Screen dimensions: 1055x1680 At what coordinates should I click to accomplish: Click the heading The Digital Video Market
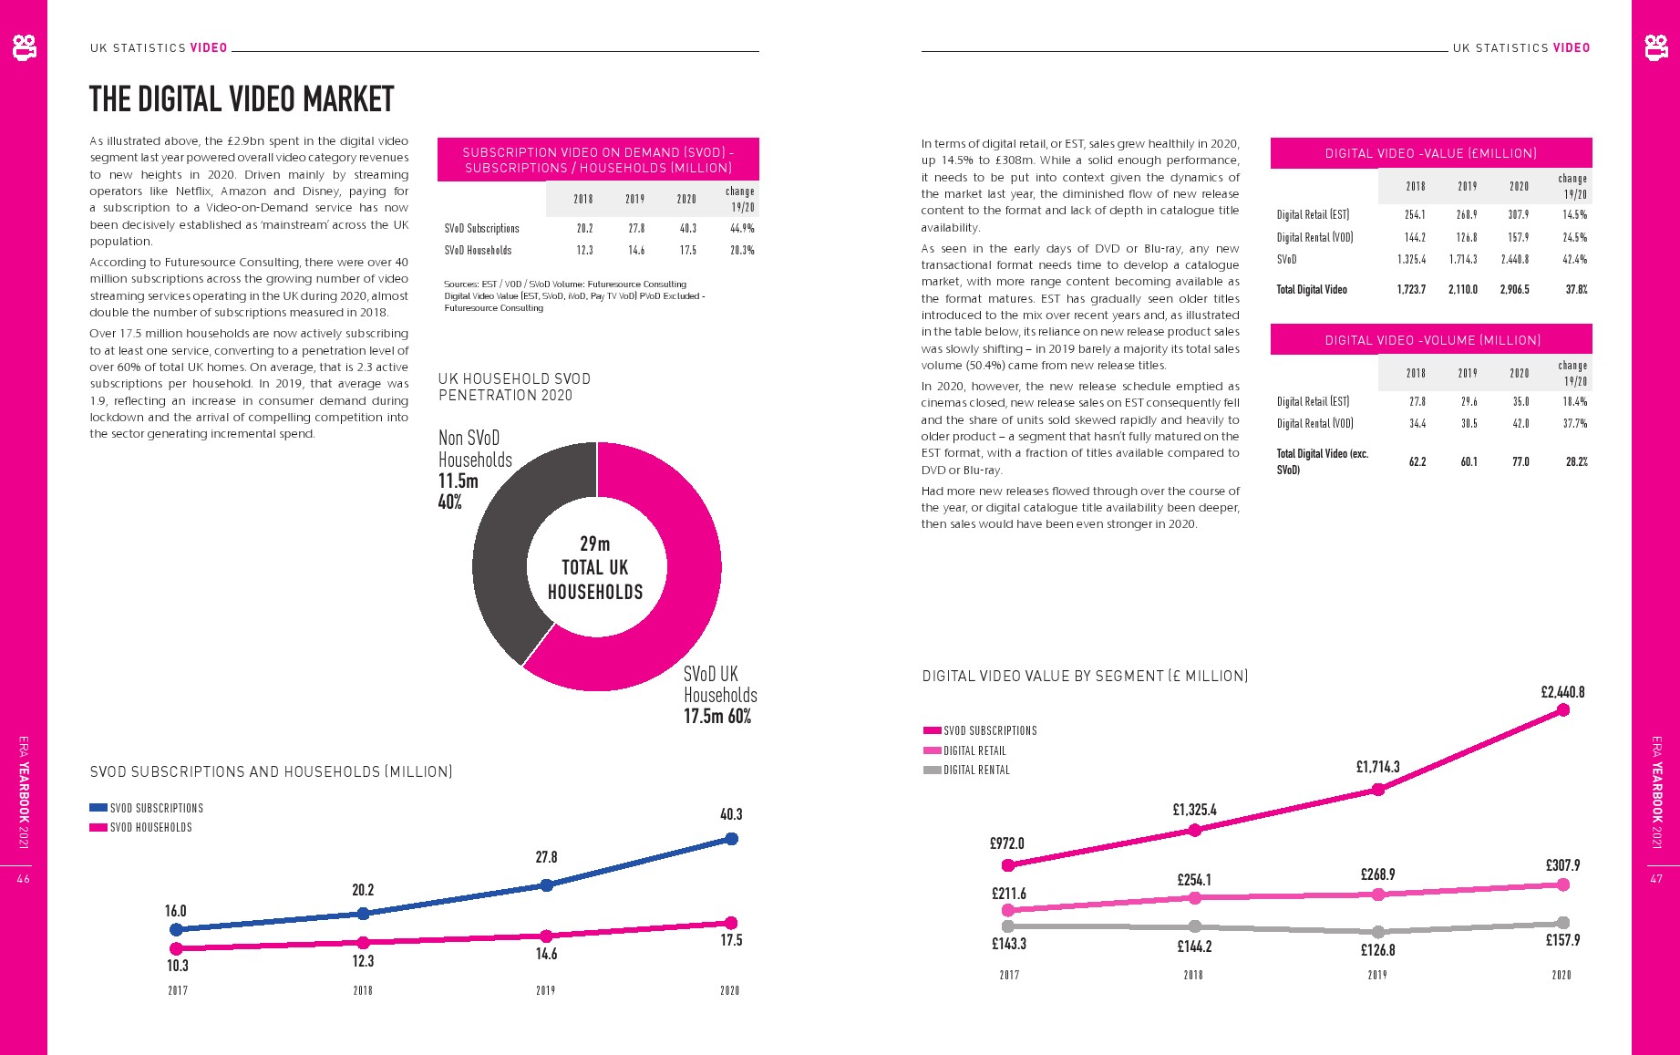242,99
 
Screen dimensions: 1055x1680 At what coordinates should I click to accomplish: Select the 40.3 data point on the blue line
731,839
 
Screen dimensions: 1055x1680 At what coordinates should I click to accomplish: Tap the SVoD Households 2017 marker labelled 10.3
177,948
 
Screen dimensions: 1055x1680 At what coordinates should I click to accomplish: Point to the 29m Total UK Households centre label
595,567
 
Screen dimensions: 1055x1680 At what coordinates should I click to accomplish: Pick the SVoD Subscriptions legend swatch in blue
98,808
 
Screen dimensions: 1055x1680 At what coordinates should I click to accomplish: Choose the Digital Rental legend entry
976,770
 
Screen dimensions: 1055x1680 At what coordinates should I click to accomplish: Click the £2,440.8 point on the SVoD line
1563,710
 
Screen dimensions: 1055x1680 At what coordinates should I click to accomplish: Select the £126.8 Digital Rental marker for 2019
1378,932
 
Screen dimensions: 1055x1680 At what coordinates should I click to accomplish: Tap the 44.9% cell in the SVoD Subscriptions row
742,229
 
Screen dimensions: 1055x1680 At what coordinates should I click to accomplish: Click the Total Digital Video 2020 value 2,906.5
1514,290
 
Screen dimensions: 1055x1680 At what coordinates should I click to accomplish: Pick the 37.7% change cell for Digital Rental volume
1574,423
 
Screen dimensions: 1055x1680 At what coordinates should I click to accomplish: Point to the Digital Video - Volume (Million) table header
1432,340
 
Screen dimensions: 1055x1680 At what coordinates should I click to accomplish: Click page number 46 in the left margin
24,879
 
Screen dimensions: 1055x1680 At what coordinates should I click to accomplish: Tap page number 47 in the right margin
1656,879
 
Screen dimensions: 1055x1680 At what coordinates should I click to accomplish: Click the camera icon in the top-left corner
25,47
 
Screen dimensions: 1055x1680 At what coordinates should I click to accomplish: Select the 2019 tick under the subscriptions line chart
545,990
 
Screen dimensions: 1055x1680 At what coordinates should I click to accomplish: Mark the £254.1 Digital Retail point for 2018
1195,898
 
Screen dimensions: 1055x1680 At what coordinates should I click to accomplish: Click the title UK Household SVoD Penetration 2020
514,387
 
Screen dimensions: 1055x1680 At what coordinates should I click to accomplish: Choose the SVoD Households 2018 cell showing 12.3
584,251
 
